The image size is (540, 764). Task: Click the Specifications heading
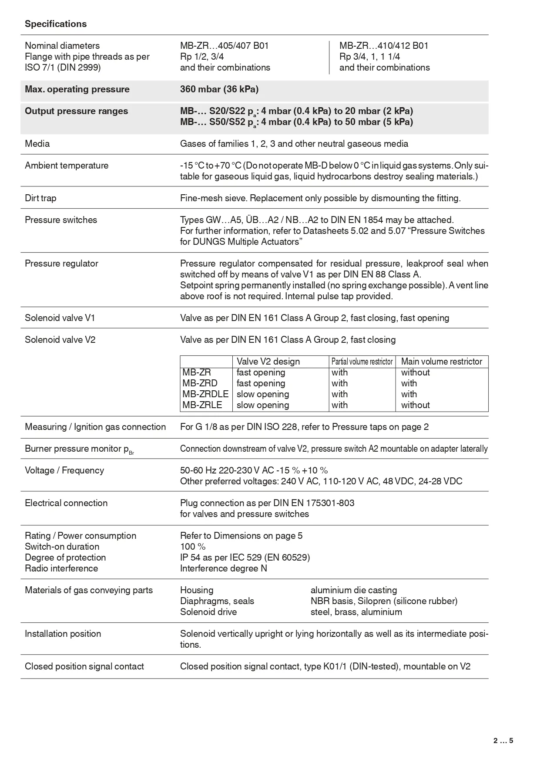(56, 24)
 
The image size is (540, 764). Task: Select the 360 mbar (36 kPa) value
(219, 89)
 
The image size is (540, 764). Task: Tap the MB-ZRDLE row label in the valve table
(205, 394)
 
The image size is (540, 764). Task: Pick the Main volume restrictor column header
(441, 362)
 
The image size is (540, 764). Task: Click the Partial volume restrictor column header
(362, 362)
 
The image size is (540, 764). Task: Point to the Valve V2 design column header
(268, 362)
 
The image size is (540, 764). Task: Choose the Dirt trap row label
(40, 198)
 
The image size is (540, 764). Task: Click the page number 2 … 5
(503, 740)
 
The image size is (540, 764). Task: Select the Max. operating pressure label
(77, 89)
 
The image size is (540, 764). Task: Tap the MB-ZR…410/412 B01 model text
(384, 46)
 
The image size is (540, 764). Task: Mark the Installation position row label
(63, 634)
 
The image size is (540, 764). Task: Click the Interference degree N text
(224, 568)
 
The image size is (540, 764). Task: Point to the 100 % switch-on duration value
(193, 547)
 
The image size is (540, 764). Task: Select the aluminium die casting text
(354, 590)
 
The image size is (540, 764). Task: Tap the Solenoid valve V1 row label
(60, 318)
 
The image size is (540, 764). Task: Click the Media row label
(37, 144)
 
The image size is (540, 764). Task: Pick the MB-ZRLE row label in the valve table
(202, 405)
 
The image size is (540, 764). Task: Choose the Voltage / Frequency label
(64, 470)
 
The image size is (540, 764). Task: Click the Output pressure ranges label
(76, 111)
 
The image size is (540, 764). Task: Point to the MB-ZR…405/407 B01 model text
(225, 46)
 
